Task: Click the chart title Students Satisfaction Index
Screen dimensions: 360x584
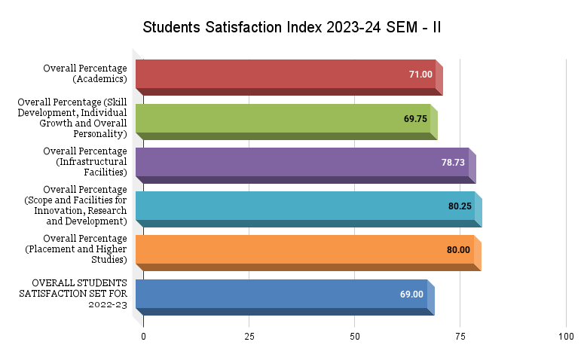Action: point(292,28)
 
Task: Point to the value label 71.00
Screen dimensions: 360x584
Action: point(420,75)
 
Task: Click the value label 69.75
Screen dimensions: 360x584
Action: point(415,118)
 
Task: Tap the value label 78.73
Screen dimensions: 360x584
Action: point(453,162)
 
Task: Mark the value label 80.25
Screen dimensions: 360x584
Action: point(459,206)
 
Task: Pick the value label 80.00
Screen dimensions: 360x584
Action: point(458,249)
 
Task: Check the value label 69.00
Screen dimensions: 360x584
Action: point(411,294)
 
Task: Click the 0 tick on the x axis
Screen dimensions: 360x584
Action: point(143,337)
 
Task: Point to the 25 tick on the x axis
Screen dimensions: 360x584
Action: point(249,337)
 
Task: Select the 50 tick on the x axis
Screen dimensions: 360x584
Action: point(354,337)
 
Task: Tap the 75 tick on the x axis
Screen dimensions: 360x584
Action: point(460,337)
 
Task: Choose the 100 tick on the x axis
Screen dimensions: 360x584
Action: point(566,337)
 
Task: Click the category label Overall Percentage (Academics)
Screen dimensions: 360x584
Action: point(84,73)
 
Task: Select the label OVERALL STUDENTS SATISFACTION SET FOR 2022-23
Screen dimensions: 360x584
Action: point(73,294)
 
